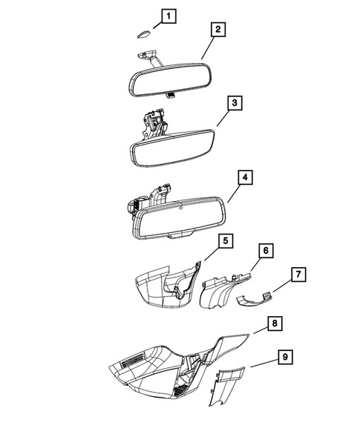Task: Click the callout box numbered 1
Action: [x=170, y=16]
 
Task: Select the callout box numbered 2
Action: [x=217, y=30]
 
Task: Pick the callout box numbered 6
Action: [x=264, y=252]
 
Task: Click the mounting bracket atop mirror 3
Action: [x=154, y=120]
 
